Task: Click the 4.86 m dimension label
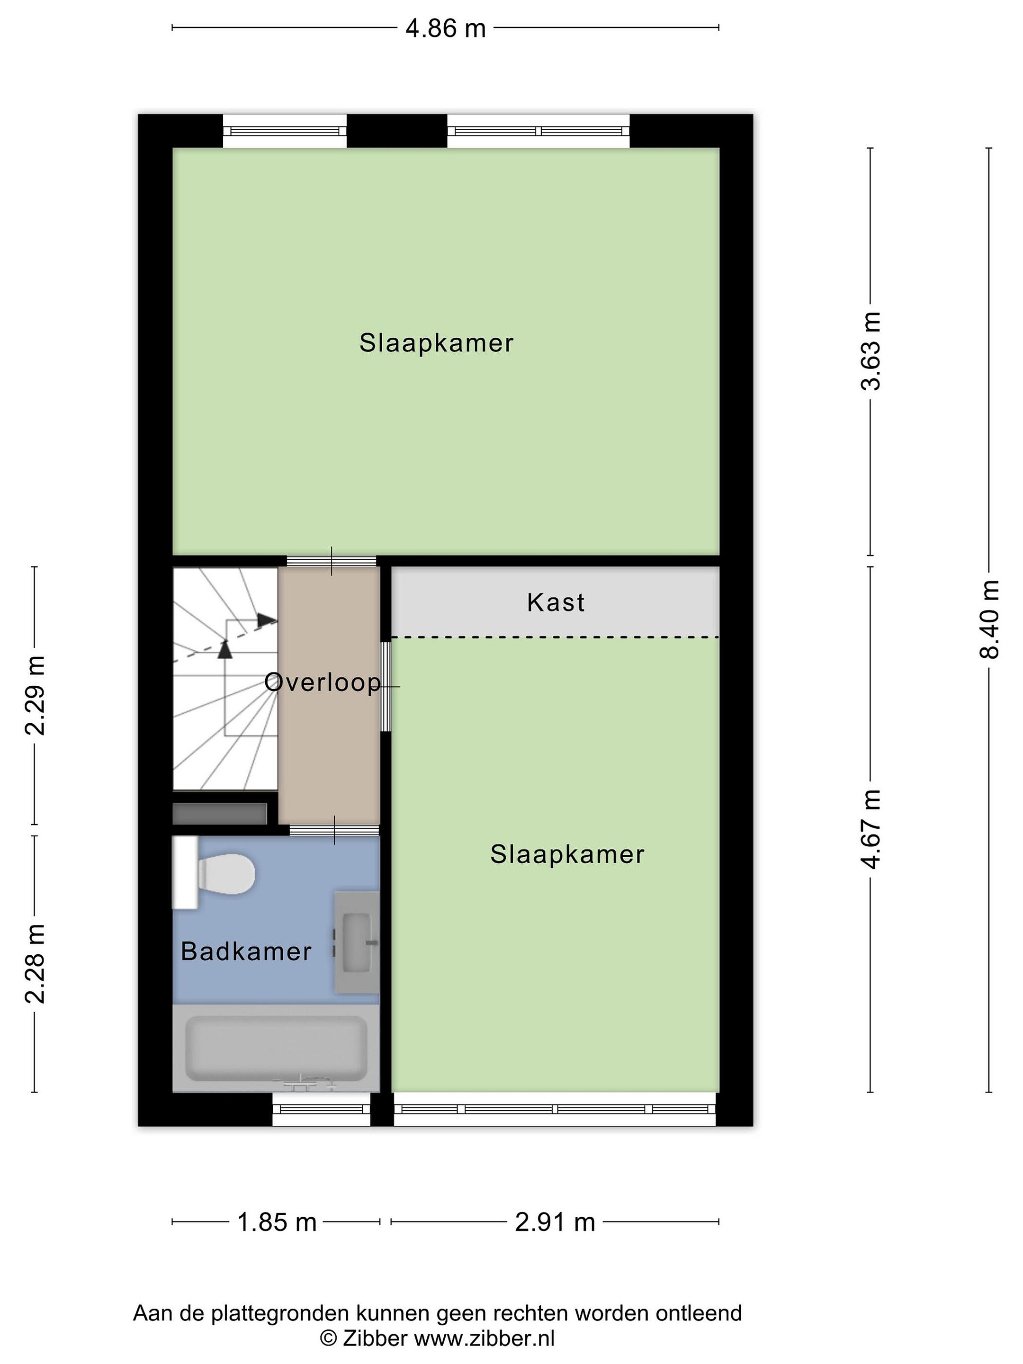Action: [x=445, y=28]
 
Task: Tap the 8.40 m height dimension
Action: [x=990, y=619]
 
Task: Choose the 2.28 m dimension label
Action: [x=35, y=964]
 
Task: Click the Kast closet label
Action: [x=556, y=602]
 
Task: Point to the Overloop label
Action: [x=323, y=682]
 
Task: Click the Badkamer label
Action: [x=246, y=951]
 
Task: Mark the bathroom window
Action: [x=321, y=1109]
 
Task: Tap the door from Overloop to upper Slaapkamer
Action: [x=332, y=561]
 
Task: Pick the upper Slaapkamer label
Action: [x=437, y=343]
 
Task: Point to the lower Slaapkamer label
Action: [x=567, y=855]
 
